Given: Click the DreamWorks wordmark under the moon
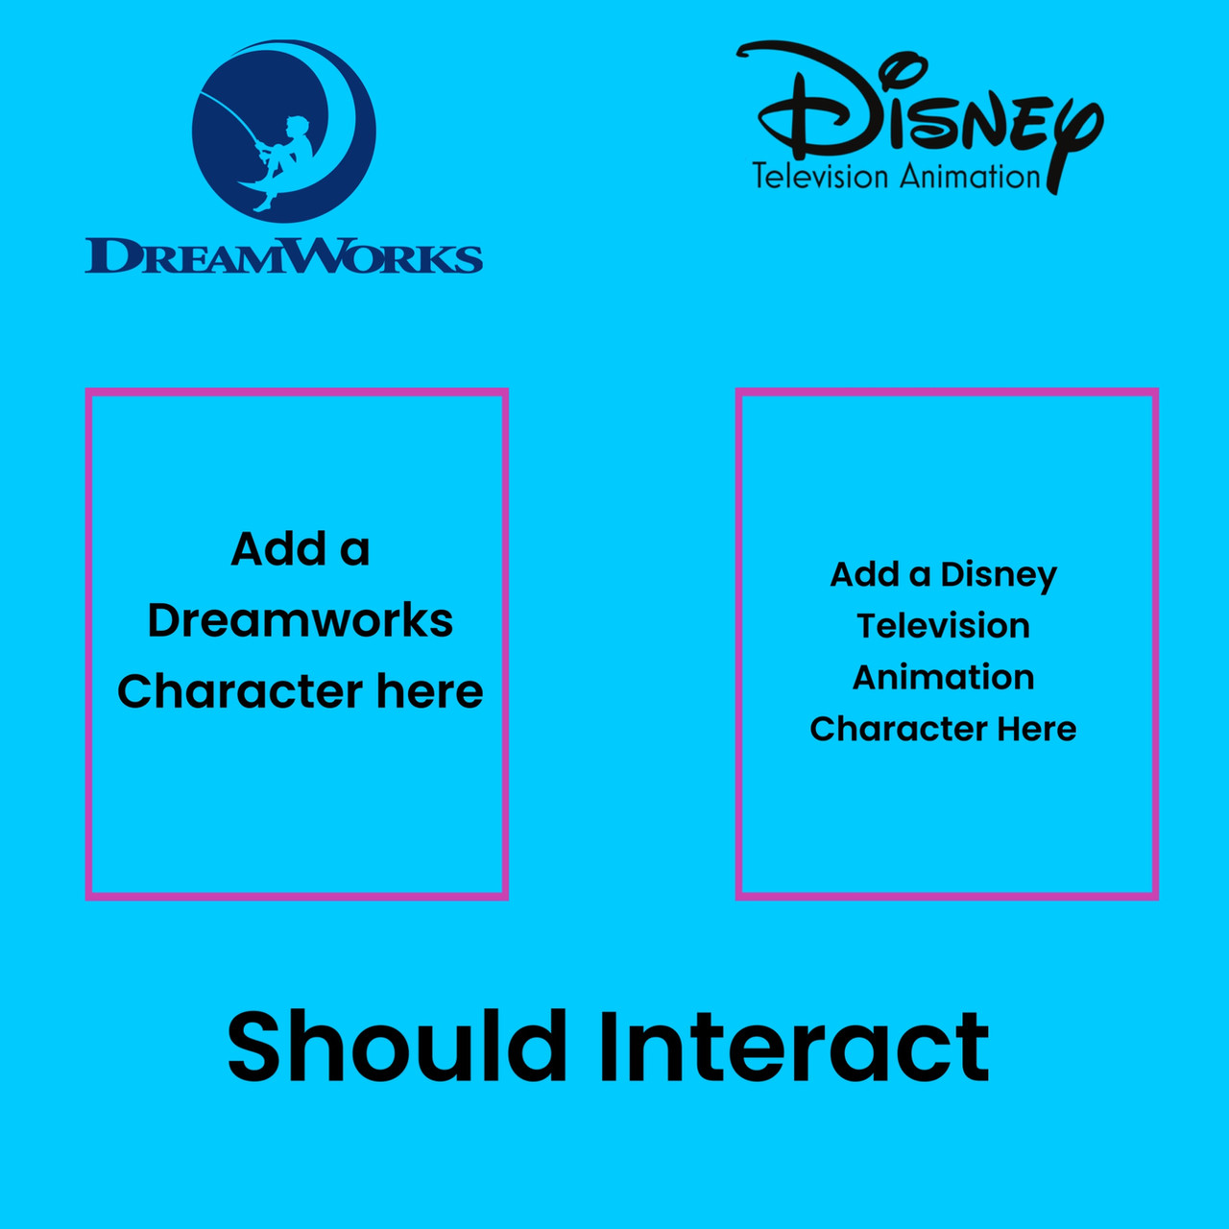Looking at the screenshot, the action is pyautogui.click(x=284, y=255).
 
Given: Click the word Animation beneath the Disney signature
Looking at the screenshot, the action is pyautogui.click(x=970, y=177).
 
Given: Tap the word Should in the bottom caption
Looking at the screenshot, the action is pyautogui.click(x=397, y=1046).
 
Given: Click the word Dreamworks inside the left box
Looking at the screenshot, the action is pyautogui.click(x=300, y=620).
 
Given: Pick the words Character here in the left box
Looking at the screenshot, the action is pyautogui.click(x=300, y=691).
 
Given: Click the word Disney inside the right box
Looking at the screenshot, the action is pyautogui.click(x=999, y=576).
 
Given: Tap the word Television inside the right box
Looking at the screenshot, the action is pyautogui.click(x=943, y=626).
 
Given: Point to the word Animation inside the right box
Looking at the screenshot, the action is pyautogui.click(x=943, y=677).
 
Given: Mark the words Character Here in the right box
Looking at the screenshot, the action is pyautogui.click(x=943, y=729).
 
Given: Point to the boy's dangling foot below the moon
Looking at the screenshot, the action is pyautogui.click(x=262, y=205).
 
